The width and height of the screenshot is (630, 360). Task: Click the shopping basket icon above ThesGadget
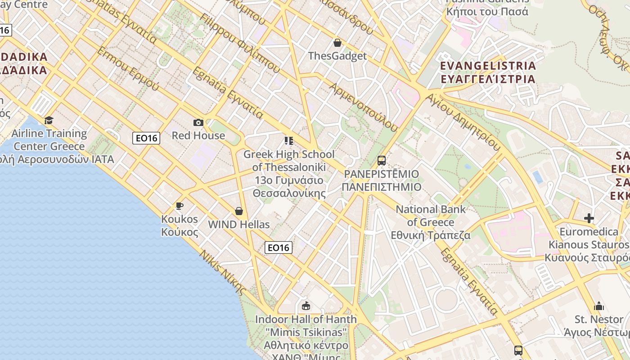click(337, 43)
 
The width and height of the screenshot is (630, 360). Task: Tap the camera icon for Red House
click(198, 122)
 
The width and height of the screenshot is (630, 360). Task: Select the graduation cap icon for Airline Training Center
click(49, 120)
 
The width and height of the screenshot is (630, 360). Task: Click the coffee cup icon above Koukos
click(180, 206)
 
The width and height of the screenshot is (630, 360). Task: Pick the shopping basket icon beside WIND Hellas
click(239, 211)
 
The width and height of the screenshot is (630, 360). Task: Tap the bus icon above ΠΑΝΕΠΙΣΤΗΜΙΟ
click(382, 160)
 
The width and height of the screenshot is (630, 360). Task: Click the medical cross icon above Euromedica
click(589, 218)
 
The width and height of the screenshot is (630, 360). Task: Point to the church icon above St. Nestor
click(599, 306)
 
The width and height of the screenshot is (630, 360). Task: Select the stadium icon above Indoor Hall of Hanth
click(306, 306)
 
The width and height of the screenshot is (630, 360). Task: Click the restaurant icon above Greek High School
click(289, 141)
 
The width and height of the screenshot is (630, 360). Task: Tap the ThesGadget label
click(337, 56)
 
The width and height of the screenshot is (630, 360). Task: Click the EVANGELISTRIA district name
click(488, 66)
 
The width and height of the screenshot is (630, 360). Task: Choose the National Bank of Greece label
click(431, 216)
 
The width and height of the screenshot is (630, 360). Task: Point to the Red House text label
click(198, 135)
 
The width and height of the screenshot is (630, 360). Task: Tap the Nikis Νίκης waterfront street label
click(223, 272)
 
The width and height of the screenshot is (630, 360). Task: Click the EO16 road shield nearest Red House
click(147, 138)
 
